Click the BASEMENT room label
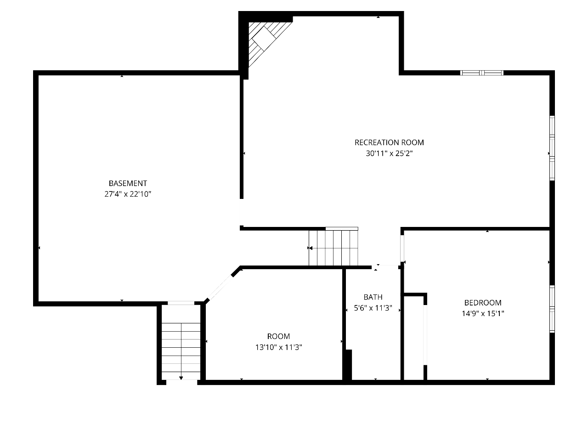[x=128, y=183]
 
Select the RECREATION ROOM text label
[x=389, y=142]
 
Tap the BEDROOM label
[x=483, y=303]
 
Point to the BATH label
[x=373, y=297]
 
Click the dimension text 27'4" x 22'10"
[x=128, y=194]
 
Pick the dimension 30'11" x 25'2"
[x=389, y=153]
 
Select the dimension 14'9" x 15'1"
[x=483, y=313]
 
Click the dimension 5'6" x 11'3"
[x=373, y=308]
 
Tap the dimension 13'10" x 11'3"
[x=278, y=347]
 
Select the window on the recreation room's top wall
[x=481, y=73]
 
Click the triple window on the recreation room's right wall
[x=552, y=148]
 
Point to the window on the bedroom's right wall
[x=552, y=309]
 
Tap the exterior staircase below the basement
[x=181, y=351]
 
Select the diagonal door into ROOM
[x=220, y=288]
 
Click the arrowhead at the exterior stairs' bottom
[x=181, y=378]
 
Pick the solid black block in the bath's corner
[x=349, y=365]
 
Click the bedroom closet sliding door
[x=425, y=335]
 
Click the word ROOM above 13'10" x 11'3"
[x=278, y=336]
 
